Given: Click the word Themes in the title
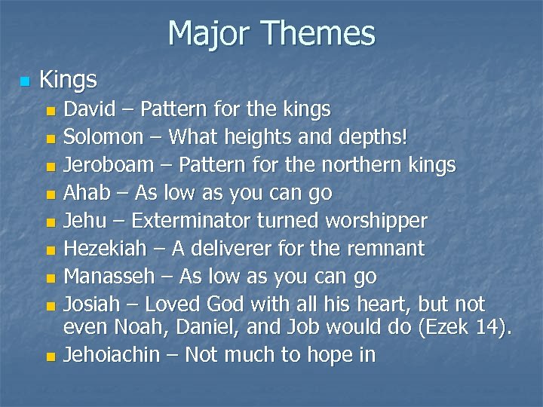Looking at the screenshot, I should point(327,33).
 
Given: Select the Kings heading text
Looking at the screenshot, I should point(68,78).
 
